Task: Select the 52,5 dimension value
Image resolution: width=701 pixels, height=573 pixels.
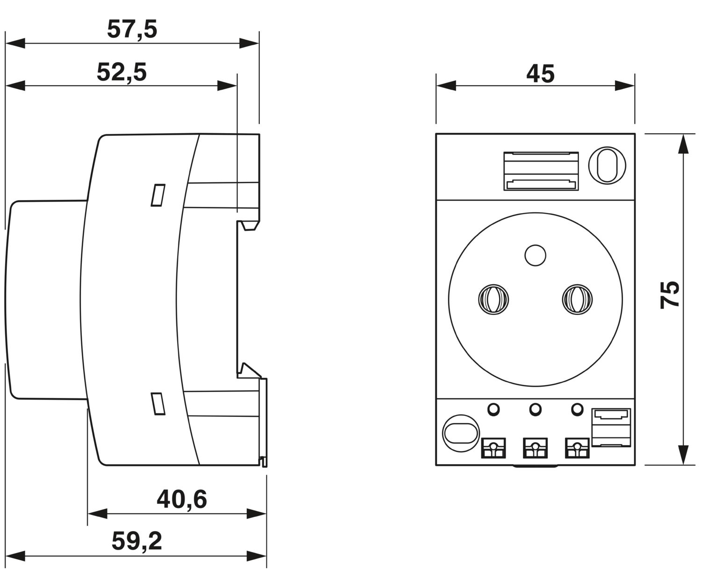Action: pyautogui.click(x=122, y=72)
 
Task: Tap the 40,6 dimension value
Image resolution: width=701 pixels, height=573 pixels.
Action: pyautogui.click(x=182, y=500)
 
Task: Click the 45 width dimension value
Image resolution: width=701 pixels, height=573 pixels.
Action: pyautogui.click(x=540, y=74)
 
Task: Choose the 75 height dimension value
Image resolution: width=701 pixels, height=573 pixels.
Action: pyautogui.click(x=670, y=294)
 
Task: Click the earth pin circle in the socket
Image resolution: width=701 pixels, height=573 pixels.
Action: pyautogui.click(x=535, y=255)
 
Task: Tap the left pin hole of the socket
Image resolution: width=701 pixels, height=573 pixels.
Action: pyautogui.click(x=493, y=299)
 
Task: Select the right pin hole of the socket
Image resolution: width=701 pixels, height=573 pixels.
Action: pyautogui.click(x=577, y=299)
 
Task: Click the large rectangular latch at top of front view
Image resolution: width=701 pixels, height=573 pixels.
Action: pyautogui.click(x=541, y=171)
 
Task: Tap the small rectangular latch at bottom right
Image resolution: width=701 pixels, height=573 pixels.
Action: pyautogui.click(x=611, y=427)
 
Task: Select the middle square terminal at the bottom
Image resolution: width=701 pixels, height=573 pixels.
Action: pyautogui.click(x=535, y=448)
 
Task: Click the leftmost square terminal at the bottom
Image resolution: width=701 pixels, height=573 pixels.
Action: pyautogui.click(x=493, y=448)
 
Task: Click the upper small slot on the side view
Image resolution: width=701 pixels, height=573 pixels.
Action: pyautogui.click(x=158, y=195)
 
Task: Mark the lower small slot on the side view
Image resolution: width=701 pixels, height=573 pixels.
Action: pyautogui.click(x=158, y=403)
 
